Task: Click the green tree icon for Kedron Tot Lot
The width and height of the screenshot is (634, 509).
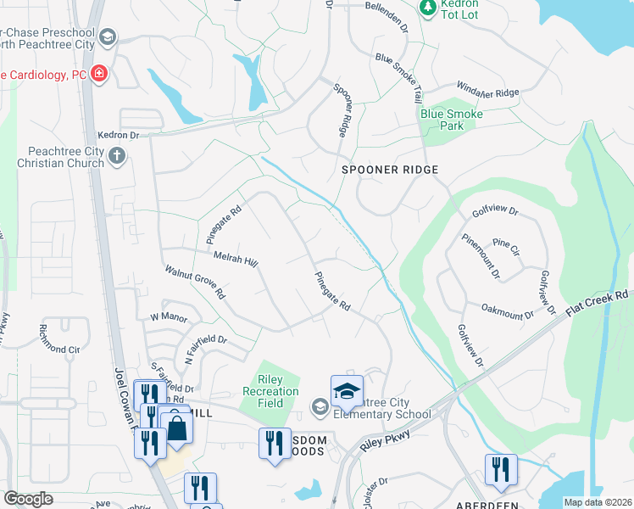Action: tap(427, 8)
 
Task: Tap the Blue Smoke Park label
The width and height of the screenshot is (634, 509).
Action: tap(452, 120)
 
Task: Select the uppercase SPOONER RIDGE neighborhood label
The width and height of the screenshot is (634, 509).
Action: tap(390, 170)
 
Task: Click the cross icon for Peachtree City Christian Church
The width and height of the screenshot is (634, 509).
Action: tap(117, 155)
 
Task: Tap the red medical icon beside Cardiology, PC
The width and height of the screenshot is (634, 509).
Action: tap(99, 75)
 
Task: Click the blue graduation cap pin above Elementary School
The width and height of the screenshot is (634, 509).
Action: tap(347, 390)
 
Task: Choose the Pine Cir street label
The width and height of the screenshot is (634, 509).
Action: tap(506, 247)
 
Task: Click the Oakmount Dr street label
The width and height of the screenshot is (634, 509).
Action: tap(507, 310)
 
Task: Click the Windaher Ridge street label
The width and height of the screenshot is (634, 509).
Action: tap(487, 92)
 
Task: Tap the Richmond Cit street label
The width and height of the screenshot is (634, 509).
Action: tap(59, 349)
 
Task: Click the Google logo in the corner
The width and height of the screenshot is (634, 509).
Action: tap(28, 499)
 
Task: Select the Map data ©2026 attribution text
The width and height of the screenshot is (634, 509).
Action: tap(597, 502)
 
